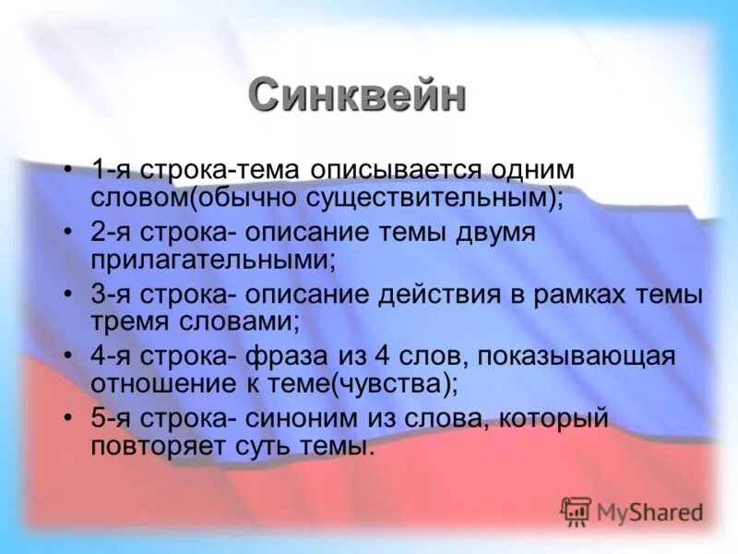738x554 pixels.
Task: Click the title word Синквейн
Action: pyautogui.click(x=356, y=95)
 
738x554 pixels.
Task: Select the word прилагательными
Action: pyautogui.click(x=211, y=259)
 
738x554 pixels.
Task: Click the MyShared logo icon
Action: pyautogui.click(x=576, y=511)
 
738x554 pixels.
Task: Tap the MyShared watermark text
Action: pyautogui.click(x=649, y=512)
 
